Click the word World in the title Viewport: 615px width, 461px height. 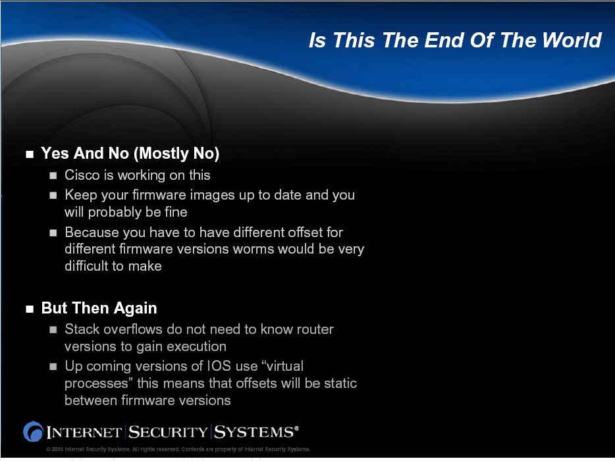(x=572, y=40)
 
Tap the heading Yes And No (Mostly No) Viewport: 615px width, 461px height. (x=130, y=153)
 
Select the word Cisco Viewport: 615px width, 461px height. (x=82, y=175)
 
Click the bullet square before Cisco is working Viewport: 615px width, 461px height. (x=53, y=175)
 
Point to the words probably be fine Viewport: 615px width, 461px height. (x=138, y=212)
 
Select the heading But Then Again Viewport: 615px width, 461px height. (x=99, y=308)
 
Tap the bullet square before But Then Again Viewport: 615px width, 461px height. (x=30, y=309)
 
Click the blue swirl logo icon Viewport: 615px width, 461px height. (x=33, y=431)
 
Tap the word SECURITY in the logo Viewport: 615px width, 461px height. (x=168, y=432)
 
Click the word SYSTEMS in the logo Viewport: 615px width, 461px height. (x=256, y=432)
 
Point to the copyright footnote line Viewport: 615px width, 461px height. (x=178, y=449)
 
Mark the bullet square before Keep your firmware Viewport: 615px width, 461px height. (x=53, y=196)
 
